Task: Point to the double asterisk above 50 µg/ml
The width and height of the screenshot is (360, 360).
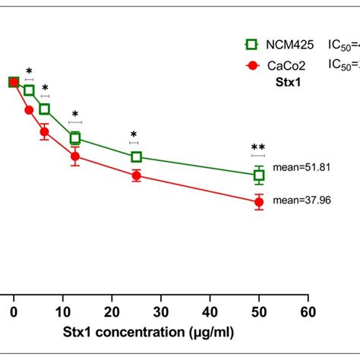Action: pyautogui.click(x=258, y=147)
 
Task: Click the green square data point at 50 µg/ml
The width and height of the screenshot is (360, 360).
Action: pyautogui.click(x=259, y=175)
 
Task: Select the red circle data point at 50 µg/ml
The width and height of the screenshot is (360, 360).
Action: pyautogui.click(x=259, y=201)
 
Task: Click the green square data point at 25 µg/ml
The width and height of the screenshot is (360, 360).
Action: pyautogui.click(x=136, y=156)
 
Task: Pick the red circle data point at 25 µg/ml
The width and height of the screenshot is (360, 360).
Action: pyautogui.click(x=136, y=175)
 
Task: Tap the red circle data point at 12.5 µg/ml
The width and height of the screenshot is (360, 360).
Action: pyautogui.click(x=75, y=157)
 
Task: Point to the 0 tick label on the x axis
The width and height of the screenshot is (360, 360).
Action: pyautogui.click(x=14, y=311)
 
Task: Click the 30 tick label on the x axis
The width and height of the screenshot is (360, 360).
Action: pyautogui.click(x=161, y=311)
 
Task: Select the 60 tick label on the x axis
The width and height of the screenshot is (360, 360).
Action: pyautogui.click(x=308, y=311)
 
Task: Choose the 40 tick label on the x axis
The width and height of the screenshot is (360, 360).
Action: pyautogui.click(x=210, y=311)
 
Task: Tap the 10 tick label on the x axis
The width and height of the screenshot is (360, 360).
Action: pyautogui.click(x=63, y=311)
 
